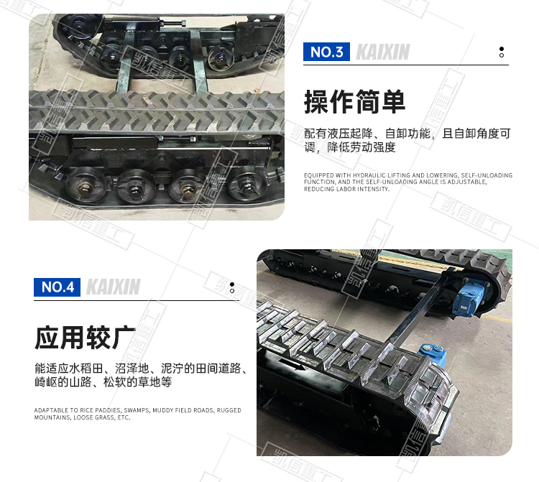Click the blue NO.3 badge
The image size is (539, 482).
coord(326,52)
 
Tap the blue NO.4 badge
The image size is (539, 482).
coord(57,287)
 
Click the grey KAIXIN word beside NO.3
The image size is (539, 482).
coord(383,52)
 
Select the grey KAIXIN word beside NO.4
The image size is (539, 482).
coord(114,287)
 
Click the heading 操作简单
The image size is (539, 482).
coord(354,102)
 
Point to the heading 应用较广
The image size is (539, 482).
coord(85,338)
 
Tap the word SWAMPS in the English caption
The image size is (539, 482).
coord(137,410)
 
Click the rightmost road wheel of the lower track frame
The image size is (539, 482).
coord(248,185)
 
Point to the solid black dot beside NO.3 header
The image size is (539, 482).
coord(502,49)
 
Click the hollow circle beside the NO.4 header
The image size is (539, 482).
coord(232,291)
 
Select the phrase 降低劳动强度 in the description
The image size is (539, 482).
coord(361,147)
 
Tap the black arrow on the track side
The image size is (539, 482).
coord(291,363)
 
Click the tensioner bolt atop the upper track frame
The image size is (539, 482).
coord(172,24)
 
